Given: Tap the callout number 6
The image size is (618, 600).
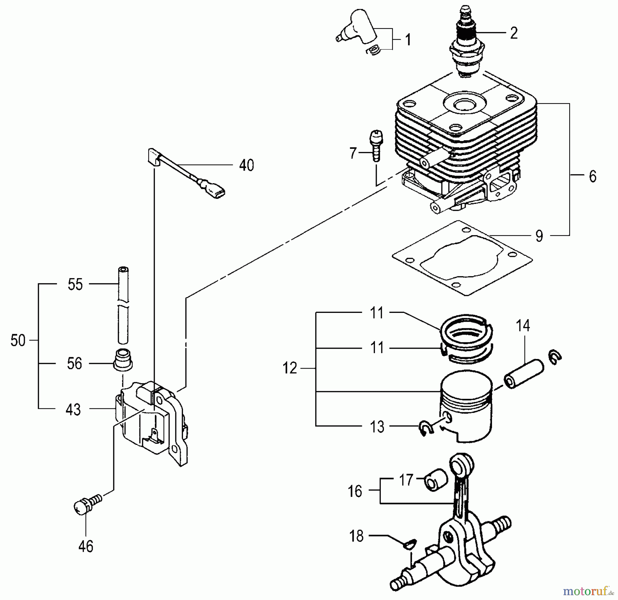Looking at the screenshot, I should [x=592, y=176].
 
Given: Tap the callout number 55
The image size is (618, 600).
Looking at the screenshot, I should [x=75, y=284].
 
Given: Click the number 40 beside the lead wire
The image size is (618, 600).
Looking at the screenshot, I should [x=246, y=165].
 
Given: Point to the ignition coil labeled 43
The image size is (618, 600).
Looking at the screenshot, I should [x=151, y=423].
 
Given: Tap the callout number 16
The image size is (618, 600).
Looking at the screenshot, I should [x=355, y=491].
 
